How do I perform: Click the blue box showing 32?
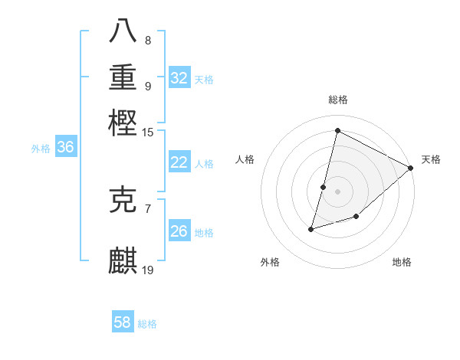[x=179, y=78]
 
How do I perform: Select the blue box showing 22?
[x=179, y=162]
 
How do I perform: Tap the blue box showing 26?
[x=179, y=231]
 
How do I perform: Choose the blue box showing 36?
[x=65, y=148]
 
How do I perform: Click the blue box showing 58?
[x=123, y=322]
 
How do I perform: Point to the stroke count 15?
[x=148, y=133]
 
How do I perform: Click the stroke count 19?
[x=148, y=270]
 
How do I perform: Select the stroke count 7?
[x=148, y=208]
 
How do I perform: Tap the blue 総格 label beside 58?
[x=147, y=324]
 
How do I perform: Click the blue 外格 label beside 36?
[x=40, y=149]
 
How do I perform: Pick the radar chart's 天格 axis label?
[x=431, y=159]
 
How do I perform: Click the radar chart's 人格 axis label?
[x=245, y=159]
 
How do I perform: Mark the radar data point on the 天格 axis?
[x=411, y=168]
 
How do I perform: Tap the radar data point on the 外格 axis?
[x=311, y=228]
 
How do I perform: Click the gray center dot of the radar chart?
[x=337, y=191]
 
